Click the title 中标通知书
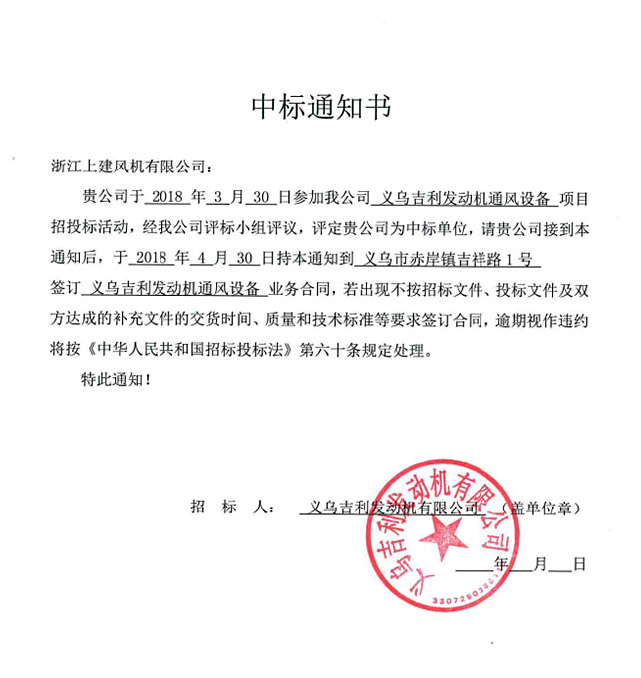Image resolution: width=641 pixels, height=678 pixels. tap(319, 107)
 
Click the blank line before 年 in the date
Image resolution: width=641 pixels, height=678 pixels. tap(476, 565)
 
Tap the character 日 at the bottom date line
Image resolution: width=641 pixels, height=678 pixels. tap(579, 565)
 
